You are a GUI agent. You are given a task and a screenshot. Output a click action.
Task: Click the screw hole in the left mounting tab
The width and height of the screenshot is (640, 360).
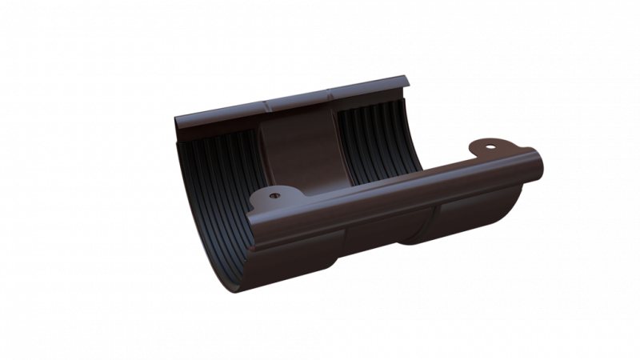[x=276, y=194]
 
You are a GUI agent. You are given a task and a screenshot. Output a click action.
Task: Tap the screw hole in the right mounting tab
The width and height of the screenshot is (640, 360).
[x=490, y=146]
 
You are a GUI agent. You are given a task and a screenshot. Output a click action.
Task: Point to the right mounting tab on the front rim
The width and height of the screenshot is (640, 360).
[x=489, y=149]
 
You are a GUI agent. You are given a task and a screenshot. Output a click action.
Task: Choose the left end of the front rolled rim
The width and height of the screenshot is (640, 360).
[x=251, y=220]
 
